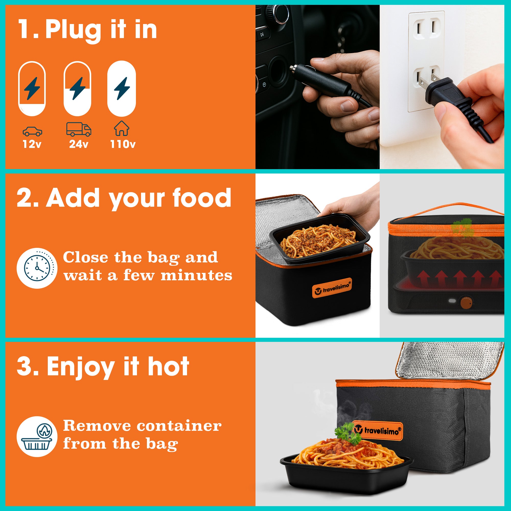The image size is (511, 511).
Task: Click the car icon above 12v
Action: click(x=32, y=131)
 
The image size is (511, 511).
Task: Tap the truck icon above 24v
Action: click(x=78, y=129)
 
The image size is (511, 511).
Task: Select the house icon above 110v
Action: click(x=122, y=128)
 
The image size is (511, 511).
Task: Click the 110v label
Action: click(x=123, y=144)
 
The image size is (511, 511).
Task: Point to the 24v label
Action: click(x=78, y=144)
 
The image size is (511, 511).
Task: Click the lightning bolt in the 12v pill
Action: click(x=32, y=88)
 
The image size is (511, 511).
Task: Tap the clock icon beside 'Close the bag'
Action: click(x=37, y=268)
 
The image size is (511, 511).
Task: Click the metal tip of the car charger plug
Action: click(x=293, y=69)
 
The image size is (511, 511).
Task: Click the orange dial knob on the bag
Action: click(x=465, y=302)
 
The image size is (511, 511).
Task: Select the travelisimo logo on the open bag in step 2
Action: click(x=332, y=288)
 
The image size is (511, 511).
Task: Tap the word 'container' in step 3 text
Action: click(x=179, y=426)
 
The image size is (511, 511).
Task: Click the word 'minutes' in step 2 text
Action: click(x=196, y=275)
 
